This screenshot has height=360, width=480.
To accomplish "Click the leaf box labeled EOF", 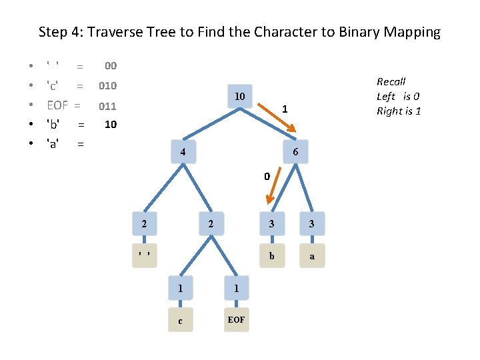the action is tap(236, 320).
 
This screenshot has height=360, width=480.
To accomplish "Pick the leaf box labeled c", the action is tap(180, 320).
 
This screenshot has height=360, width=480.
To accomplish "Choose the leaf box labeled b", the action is tap(271, 255).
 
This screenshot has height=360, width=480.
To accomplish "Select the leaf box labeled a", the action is tap(313, 255).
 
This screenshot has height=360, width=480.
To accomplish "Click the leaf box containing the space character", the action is tap(144, 255).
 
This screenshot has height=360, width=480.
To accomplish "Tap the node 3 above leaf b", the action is tap(271, 223).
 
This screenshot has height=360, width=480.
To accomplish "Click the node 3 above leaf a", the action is tap(313, 223).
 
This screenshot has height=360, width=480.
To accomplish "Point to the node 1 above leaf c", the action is tap(180, 288).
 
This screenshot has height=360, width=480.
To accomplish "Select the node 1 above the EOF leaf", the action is tap(236, 288).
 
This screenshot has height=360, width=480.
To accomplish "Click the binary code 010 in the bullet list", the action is tap(107, 85).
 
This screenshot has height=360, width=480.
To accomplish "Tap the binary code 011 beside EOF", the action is tap(107, 105).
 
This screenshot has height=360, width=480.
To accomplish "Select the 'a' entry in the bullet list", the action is tap(52, 143).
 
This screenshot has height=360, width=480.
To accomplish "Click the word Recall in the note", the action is tap(391, 81).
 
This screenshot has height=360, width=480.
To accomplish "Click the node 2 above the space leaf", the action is tap(144, 223).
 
